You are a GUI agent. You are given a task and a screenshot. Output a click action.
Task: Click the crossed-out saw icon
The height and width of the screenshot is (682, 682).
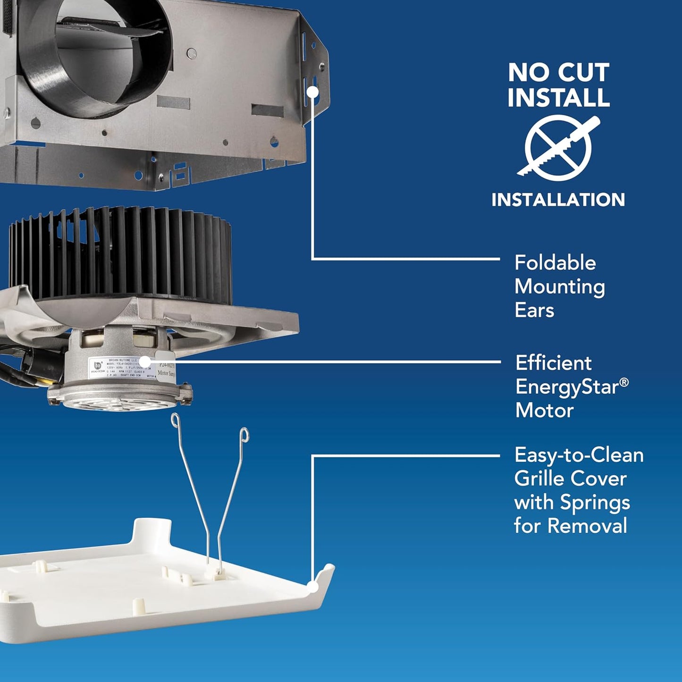pyautogui.click(x=558, y=148)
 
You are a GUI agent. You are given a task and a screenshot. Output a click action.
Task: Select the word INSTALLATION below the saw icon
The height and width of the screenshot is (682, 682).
pyautogui.click(x=558, y=200)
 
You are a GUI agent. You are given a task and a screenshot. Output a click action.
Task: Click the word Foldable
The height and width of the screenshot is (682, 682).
pyautogui.click(x=555, y=263)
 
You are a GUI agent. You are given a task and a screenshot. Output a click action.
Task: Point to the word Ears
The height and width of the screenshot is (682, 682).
pyautogui.click(x=534, y=310)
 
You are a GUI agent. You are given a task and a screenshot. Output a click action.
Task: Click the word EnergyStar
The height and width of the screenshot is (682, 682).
pyautogui.click(x=566, y=387)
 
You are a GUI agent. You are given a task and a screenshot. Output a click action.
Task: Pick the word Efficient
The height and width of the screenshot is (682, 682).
pyautogui.click(x=553, y=363)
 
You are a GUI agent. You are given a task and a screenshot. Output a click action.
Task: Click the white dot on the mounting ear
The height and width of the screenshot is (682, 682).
pyautogui.click(x=312, y=92)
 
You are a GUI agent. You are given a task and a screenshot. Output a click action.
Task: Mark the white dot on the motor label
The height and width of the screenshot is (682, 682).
pyautogui.click(x=145, y=362)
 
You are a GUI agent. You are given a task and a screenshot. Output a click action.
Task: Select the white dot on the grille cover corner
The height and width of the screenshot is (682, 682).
pyautogui.click(x=312, y=587)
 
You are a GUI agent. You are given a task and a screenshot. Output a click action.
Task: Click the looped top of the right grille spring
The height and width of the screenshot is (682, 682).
pyautogui.click(x=244, y=434)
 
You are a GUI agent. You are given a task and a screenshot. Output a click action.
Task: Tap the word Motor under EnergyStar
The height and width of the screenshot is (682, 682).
pyautogui.click(x=544, y=410)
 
